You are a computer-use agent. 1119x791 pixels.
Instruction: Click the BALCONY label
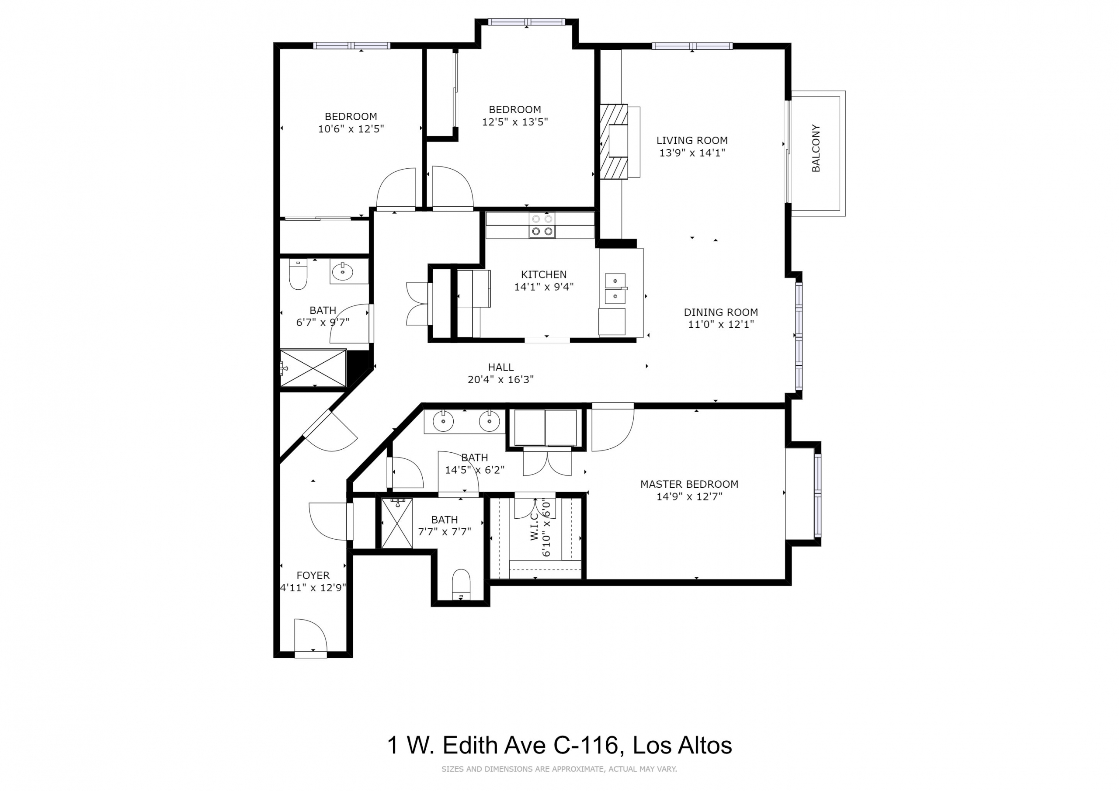click(x=816, y=148)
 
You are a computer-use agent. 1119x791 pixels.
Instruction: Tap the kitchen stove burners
click(x=542, y=226)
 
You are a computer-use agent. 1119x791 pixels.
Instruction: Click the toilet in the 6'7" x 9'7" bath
click(x=298, y=274)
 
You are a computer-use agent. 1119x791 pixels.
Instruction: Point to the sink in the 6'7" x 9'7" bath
click(x=343, y=271)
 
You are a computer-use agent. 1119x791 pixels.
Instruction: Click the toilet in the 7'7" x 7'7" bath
click(x=461, y=584)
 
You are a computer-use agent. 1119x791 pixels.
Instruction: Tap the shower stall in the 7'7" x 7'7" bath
click(x=397, y=523)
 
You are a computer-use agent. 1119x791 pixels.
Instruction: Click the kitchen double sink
click(x=615, y=288)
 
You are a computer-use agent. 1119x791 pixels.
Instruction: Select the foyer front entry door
click(x=311, y=636)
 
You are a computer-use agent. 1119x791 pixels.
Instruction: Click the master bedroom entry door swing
click(x=613, y=428)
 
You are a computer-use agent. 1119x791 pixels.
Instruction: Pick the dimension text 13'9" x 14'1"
click(x=692, y=153)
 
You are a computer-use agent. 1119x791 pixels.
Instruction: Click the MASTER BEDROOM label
click(x=689, y=484)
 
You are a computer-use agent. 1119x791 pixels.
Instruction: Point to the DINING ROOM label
click(x=721, y=312)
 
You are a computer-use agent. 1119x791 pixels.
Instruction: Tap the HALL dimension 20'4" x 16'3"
click(x=500, y=379)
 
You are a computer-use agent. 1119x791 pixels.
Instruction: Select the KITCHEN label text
click(x=544, y=274)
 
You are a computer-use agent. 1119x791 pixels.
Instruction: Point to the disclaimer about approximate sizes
click(x=559, y=769)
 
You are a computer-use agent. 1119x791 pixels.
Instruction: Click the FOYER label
click(x=313, y=575)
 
